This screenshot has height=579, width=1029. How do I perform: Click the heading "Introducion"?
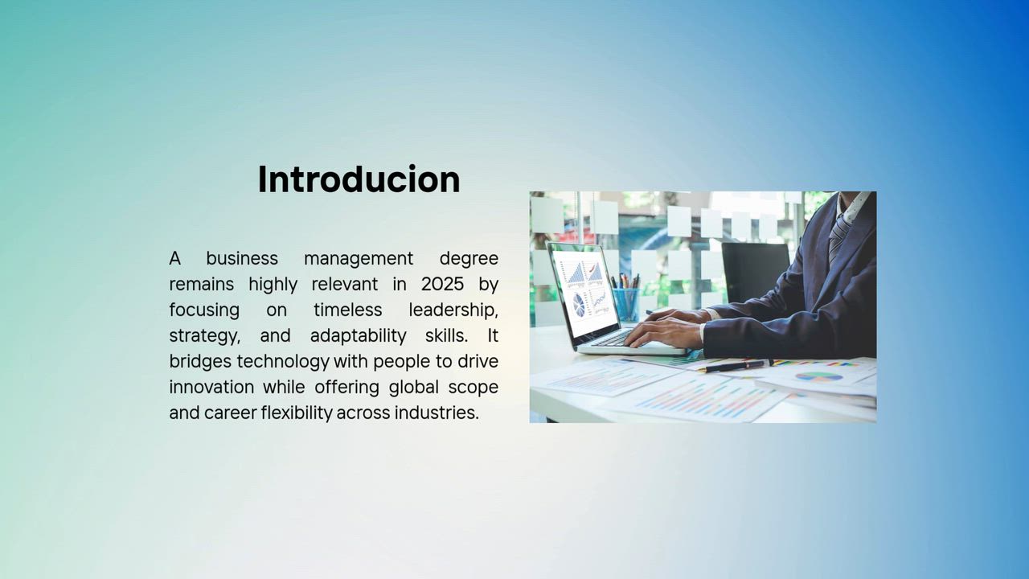(x=359, y=179)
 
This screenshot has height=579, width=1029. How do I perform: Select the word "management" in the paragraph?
(x=359, y=259)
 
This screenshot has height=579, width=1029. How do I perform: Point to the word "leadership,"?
(x=453, y=310)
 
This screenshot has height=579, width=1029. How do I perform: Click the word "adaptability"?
(x=359, y=336)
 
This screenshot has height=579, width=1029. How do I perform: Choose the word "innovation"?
(x=211, y=387)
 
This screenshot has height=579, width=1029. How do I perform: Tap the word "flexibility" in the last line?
(x=297, y=413)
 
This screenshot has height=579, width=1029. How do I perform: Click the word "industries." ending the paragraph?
(x=437, y=413)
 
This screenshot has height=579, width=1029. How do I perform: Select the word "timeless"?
(x=348, y=310)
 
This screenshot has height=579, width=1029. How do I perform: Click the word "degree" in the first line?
(x=469, y=259)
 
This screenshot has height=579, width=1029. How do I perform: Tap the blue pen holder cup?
(x=626, y=304)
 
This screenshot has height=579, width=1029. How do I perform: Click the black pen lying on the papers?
(x=734, y=366)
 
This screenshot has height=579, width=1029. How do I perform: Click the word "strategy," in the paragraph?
(x=204, y=336)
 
